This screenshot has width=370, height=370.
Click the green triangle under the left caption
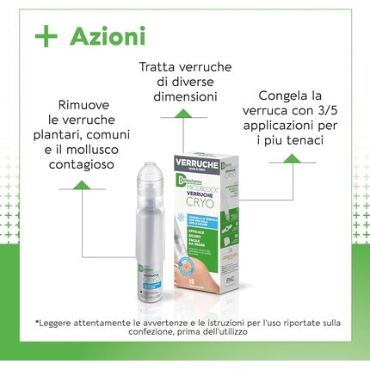(x=80, y=184)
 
